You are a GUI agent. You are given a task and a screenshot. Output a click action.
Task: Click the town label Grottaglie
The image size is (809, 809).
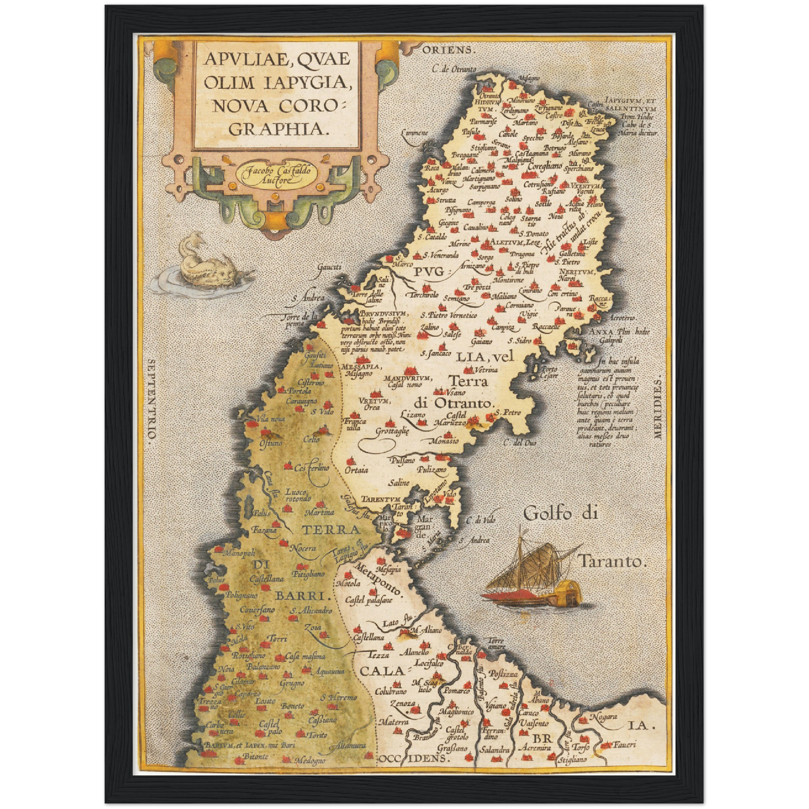point(392,431)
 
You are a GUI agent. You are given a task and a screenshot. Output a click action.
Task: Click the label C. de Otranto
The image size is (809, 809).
point(454,69)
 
